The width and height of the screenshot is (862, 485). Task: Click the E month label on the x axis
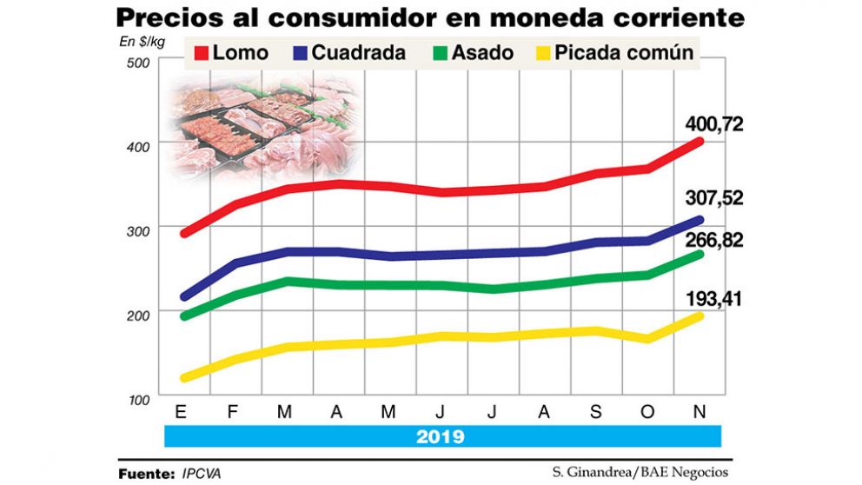point(183,412)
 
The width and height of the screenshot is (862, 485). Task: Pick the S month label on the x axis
point(596,412)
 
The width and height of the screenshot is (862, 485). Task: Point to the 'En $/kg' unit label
point(142,41)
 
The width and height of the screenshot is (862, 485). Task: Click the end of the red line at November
point(700,141)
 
